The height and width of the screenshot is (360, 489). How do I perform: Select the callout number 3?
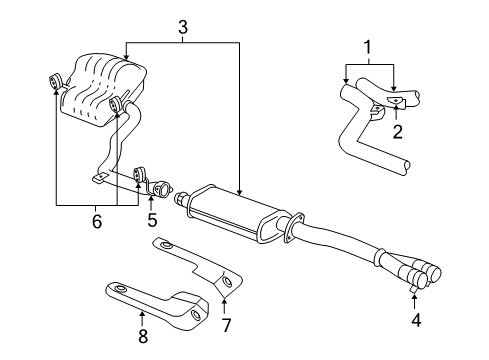(182, 27)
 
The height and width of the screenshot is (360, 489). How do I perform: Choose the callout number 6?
(96, 222)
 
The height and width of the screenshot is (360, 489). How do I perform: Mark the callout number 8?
(142, 337)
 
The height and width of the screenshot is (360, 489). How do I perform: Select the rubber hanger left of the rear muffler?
(56, 80)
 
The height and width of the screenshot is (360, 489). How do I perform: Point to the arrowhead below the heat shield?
(225, 295)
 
